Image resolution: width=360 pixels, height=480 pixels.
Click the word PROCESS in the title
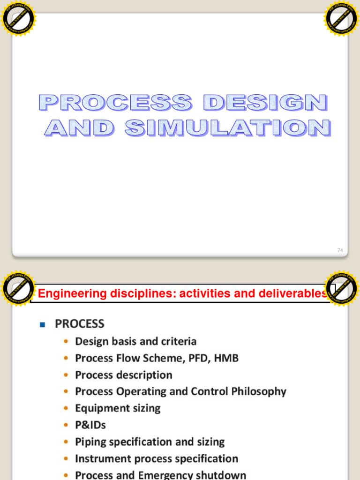[x=115, y=103]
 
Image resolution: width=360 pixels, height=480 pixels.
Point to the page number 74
[x=340, y=250]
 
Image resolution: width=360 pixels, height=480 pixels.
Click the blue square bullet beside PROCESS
[x=42, y=324]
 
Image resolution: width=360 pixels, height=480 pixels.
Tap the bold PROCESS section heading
[x=79, y=324]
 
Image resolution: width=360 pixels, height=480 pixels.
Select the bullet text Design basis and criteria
[x=135, y=341]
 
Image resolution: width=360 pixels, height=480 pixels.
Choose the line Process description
[x=123, y=375]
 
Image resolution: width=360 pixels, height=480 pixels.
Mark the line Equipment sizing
[x=118, y=408]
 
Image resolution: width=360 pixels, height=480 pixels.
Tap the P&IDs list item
[x=90, y=425]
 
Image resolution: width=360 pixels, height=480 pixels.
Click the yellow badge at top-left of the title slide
[x=19, y=19]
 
